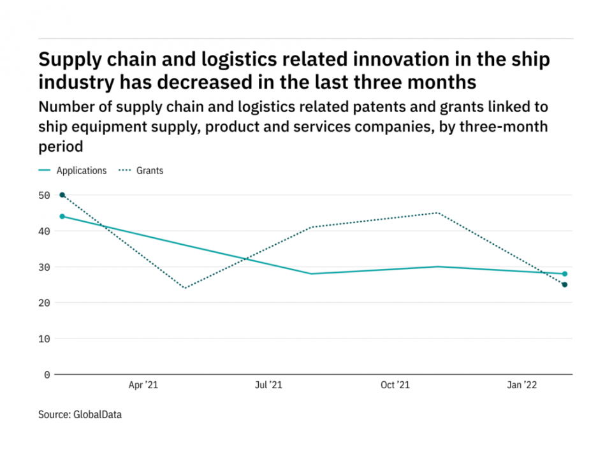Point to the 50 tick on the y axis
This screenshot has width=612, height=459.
[x=44, y=195]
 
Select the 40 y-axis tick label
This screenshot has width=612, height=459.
[x=44, y=231]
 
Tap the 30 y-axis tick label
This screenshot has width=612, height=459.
[x=44, y=267]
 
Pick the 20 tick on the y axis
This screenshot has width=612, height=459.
[x=44, y=303]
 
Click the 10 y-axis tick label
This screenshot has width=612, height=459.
[x=44, y=339]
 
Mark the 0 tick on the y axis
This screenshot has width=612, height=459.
[x=47, y=375]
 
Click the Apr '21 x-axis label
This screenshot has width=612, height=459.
[x=143, y=385]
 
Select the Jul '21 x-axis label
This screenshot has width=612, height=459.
[x=268, y=385]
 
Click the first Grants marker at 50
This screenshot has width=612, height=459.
[x=62, y=195]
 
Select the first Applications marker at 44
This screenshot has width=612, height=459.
[x=62, y=216]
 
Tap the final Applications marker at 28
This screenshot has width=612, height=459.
[x=565, y=274]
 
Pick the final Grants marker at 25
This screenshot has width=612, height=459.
[x=565, y=284]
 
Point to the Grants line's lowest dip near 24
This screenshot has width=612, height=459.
[x=185, y=288]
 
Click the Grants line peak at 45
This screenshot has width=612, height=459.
[x=438, y=213]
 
